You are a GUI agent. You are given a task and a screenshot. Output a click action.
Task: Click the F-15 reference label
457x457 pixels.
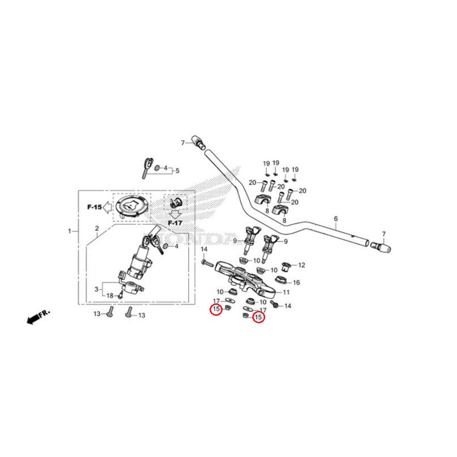click(x=94, y=207)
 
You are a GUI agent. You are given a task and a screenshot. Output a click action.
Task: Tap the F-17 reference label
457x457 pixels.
click(x=175, y=222)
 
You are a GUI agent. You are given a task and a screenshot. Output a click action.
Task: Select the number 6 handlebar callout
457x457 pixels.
click(x=336, y=219)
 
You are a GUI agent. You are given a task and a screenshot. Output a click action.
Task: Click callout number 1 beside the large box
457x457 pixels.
click(x=70, y=231)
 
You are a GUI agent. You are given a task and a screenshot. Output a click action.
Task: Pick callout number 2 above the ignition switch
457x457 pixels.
click(x=97, y=228)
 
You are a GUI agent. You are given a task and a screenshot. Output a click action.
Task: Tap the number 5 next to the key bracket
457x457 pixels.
click(x=177, y=170)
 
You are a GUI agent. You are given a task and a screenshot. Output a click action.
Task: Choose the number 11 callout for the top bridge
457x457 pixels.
click(x=287, y=292)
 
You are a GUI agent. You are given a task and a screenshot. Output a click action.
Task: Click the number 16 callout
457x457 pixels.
click(x=296, y=283)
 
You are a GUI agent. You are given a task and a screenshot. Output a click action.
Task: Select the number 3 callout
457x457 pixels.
click(x=96, y=289)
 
